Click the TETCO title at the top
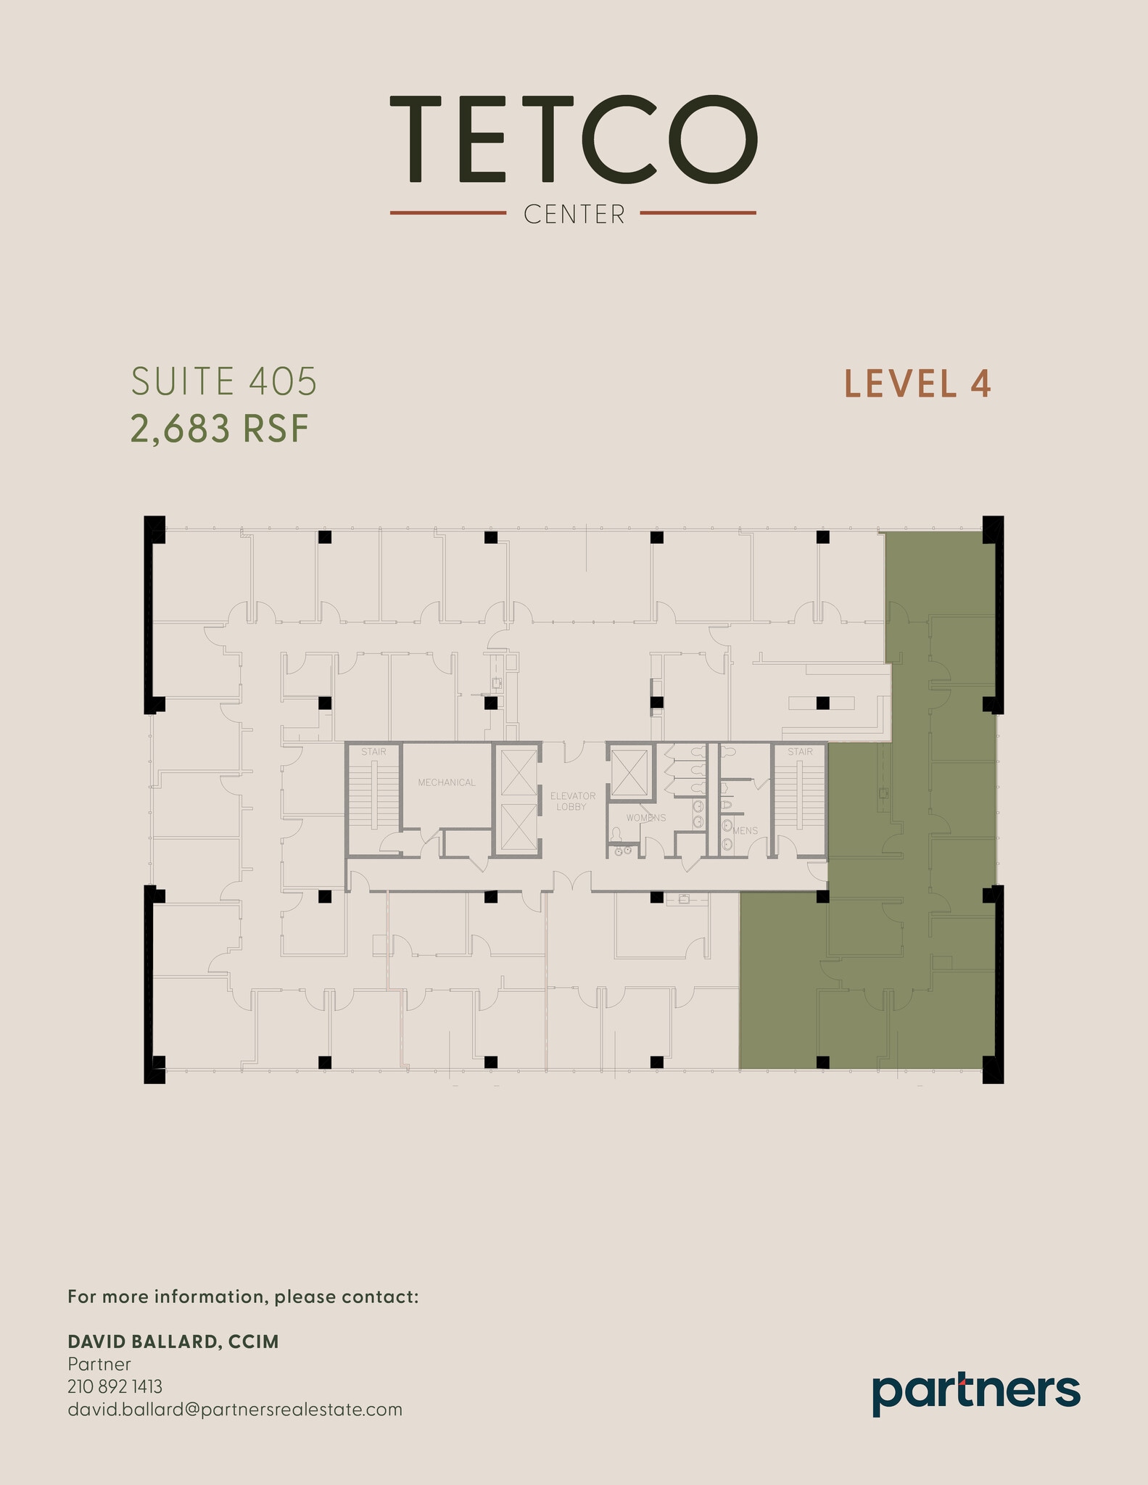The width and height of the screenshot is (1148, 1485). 574,139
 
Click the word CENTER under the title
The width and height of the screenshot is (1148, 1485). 574,215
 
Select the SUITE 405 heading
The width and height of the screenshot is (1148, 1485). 224,381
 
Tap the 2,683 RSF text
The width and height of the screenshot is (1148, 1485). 220,429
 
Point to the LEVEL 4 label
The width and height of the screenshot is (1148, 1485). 917,384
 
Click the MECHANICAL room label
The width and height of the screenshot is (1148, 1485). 447,782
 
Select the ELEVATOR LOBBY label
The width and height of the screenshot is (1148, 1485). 572,801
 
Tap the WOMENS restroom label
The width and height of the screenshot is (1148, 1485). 646,818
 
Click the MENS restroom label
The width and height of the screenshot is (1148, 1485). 746,831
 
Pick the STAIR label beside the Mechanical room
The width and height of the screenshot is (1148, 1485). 373,752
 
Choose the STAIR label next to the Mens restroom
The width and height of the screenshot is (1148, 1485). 800,752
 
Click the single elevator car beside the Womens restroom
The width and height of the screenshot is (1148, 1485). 629,773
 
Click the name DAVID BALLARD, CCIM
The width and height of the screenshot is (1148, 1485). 173,1341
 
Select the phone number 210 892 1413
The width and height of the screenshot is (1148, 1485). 115,1386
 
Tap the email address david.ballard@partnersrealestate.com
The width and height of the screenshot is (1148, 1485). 234,1409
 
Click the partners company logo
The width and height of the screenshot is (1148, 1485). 975,1393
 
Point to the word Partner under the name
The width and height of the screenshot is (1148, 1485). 99,1364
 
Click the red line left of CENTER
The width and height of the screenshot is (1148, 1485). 447,213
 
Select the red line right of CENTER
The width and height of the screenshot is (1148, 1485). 698,213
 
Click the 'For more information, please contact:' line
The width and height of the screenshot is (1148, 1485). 243,1296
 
